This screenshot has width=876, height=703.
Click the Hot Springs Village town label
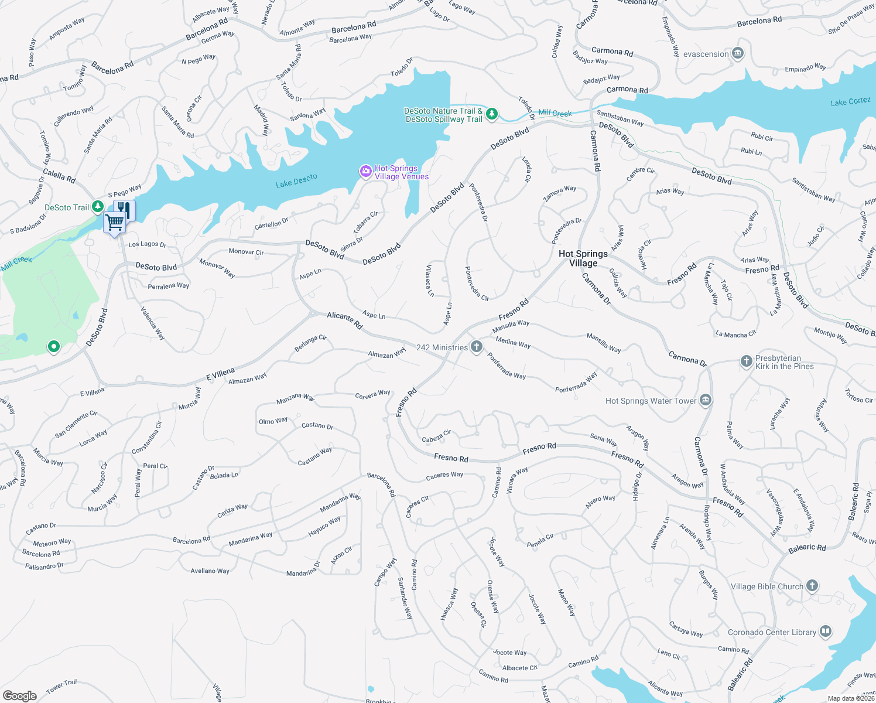[583, 258]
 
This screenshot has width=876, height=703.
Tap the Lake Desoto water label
[296, 181]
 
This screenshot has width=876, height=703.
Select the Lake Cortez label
[850, 102]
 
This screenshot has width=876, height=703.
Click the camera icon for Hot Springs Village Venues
[366, 171]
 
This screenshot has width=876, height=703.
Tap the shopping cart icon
[115, 223]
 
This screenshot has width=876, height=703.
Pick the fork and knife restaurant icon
[125, 209]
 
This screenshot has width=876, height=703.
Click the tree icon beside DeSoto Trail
[98, 206]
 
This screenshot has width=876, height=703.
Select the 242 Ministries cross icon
[477, 347]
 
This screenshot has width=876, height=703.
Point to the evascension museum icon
[738, 54]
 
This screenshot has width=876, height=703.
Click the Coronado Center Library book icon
[826, 632]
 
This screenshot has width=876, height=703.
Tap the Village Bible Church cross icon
[812, 586]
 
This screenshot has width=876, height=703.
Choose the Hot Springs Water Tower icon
[706, 401]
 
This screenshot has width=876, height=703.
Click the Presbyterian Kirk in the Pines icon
[746, 361]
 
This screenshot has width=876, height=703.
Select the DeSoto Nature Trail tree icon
[492, 114]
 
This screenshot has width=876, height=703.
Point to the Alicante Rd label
[345, 320]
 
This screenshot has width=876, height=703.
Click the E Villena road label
[220, 374]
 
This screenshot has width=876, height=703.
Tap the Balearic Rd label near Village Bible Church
[807, 548]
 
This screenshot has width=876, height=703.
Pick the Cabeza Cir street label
[437, 436]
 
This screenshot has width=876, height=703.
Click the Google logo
[20, 695]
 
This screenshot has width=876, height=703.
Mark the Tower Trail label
[61, 686]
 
